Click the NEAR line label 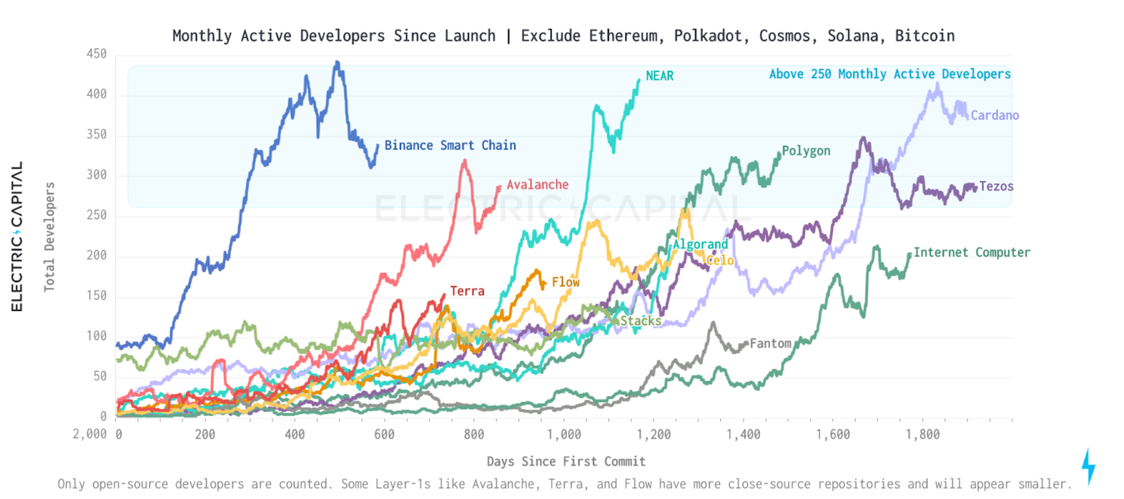[659, 76]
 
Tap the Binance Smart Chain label [450, 145]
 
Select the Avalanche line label [537, 185]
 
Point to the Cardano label [994, 115]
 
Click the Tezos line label [996, 186]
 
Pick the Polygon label [806, 151]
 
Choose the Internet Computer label [972, 252]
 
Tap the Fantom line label [770, 343]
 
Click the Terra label [467, 291]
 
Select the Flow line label [566, 282]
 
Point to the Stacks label [640, 321]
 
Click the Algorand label [700, 244]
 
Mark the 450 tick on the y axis [96, 54]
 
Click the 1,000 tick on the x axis [564, 434]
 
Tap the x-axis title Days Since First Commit [566, 461]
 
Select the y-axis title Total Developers [49, 237]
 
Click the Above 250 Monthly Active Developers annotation [889, 74]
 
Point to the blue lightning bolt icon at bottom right [1088, 466]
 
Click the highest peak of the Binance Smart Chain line [337, 62]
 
